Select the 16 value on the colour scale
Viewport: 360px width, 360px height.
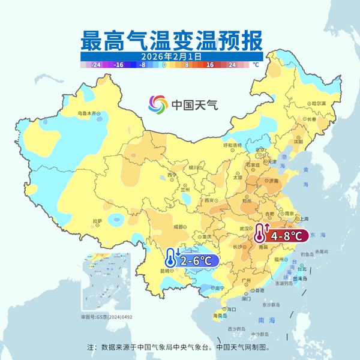click(x=211, y=64)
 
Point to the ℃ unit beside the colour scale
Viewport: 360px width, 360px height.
click(x=256, y=64)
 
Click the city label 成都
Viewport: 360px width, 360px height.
click(x=179, y=227)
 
